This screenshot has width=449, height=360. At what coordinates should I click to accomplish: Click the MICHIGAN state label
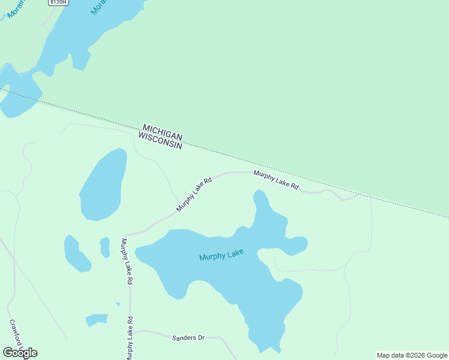point(162,132)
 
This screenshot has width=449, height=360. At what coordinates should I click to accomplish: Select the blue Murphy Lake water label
point(221,255)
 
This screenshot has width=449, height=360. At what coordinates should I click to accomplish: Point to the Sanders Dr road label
point(188,338)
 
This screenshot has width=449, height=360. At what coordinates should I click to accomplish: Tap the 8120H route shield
point(58,2)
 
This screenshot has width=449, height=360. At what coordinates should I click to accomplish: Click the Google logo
point(20,353)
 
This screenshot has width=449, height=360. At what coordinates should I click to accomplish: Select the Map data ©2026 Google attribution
point(412,355)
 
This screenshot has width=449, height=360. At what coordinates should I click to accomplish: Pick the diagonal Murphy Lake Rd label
point(194,194)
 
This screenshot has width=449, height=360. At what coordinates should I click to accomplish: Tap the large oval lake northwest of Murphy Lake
point(103,184)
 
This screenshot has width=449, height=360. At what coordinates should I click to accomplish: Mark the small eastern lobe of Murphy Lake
point(296,245)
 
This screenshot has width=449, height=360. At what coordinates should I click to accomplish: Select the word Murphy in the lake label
point(212,257)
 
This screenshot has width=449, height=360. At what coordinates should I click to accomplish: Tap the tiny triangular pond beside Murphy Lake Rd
point(118,304)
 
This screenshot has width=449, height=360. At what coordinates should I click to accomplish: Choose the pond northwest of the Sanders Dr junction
point(96,320)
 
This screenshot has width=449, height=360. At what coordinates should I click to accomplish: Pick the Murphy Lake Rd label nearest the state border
point(276,179)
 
